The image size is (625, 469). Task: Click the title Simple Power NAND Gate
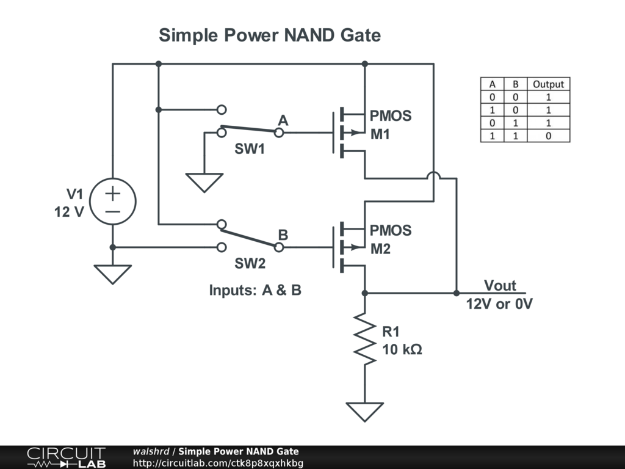269,35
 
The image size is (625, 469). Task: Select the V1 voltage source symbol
113,202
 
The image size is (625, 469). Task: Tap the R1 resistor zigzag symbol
365,339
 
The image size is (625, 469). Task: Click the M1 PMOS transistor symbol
351,133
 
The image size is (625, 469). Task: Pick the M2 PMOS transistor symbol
351,247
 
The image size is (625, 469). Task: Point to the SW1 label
250,149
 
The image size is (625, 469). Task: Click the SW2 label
250,264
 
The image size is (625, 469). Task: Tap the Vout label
500,285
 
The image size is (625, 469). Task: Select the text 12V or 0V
499,304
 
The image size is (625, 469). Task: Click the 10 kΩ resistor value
402,350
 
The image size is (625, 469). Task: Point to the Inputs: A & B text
255,290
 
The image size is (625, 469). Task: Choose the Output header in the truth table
548,84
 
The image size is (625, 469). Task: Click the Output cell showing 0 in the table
548,136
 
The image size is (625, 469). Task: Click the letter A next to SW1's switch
283,120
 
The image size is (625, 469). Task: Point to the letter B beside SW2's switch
283,234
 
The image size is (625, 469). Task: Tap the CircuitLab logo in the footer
66,457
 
